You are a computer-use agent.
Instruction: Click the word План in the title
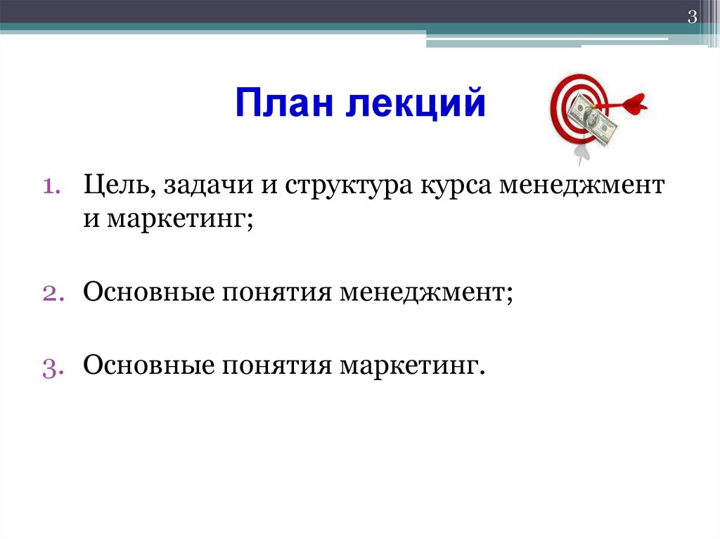coord(280,103)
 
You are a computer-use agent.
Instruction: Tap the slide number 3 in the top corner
coord(692,18)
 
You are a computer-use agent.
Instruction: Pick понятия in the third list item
coord(276,366)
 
